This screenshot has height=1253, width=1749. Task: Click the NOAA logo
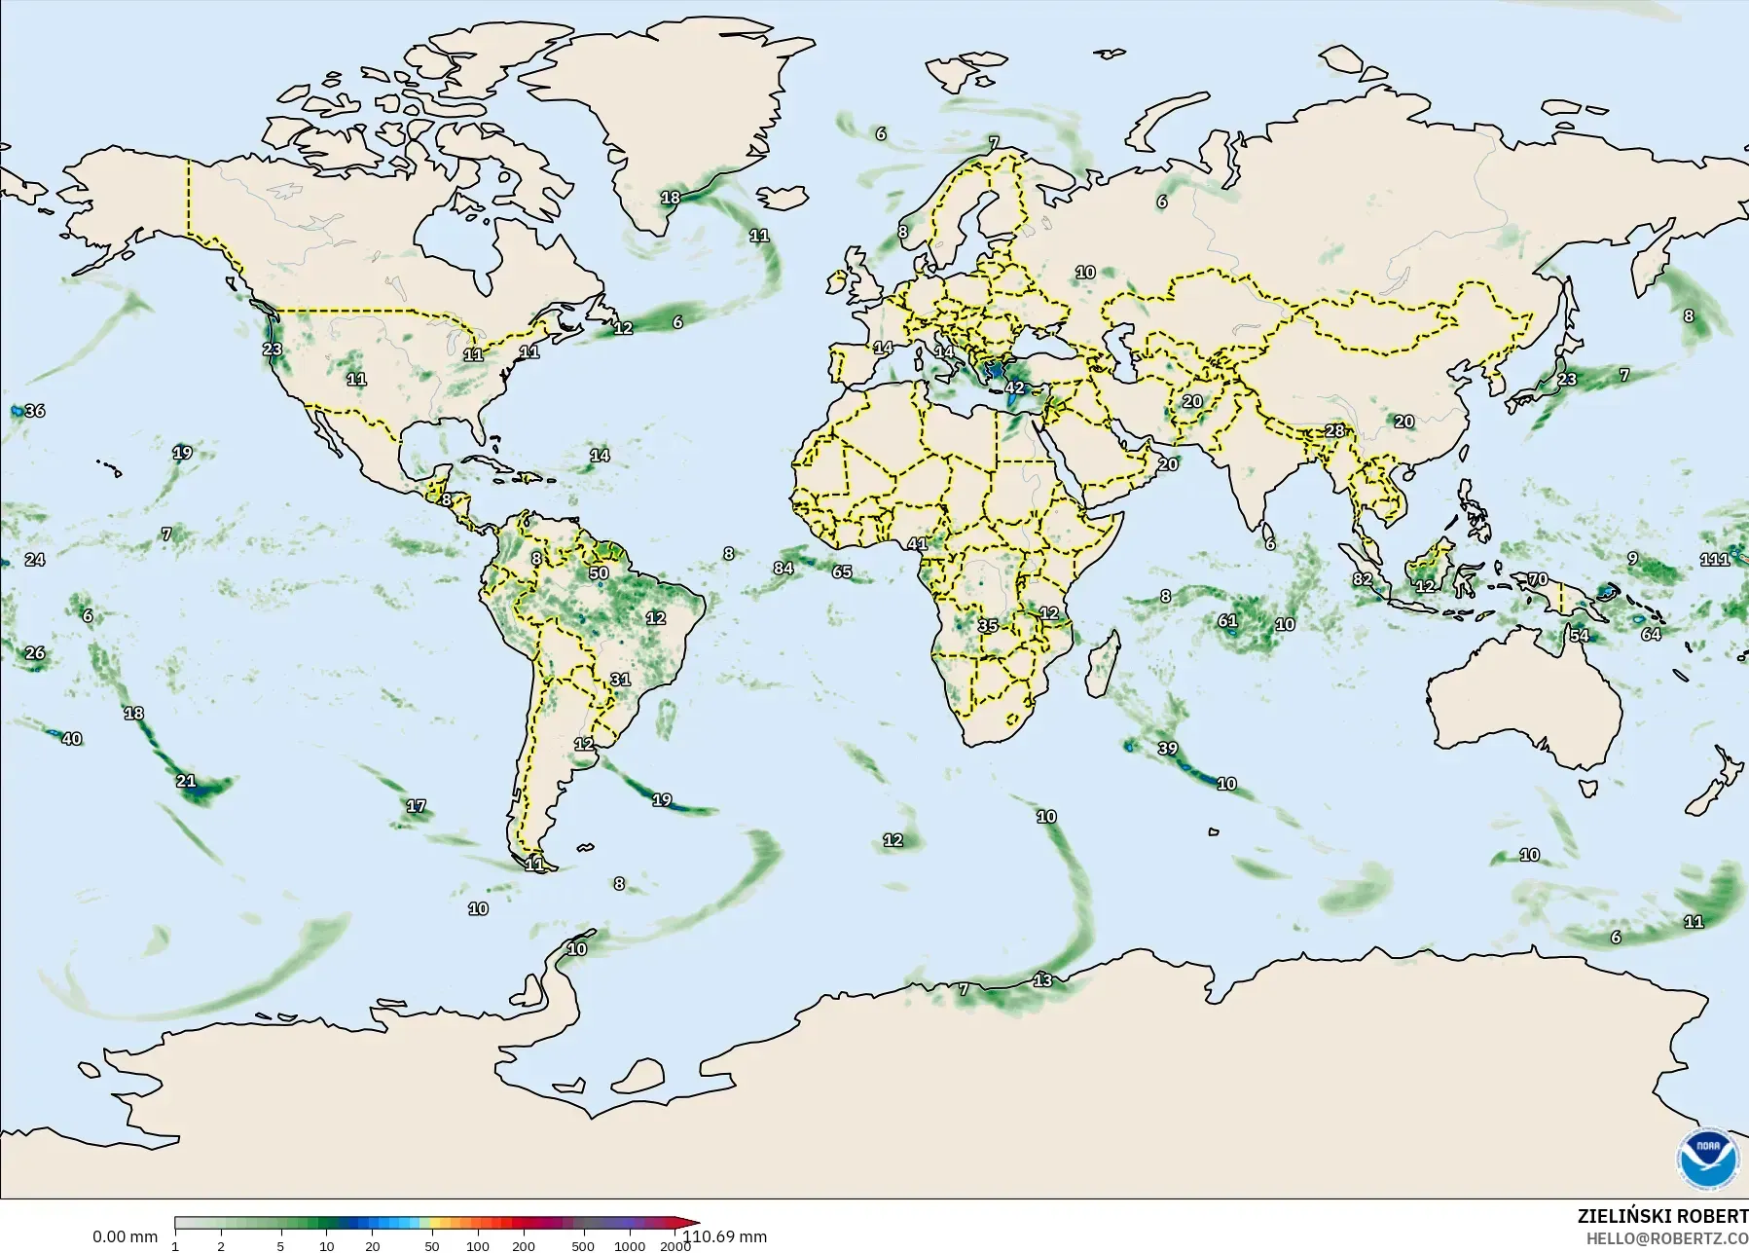pyautogui.click(x=1707, y=1158)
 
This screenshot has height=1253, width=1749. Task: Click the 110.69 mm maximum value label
pyautogui.click(x=724, y=1236)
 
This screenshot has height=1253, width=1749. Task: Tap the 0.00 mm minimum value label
pyautogui.click(x=125, y=1236)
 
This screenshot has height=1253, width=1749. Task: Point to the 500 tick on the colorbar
pyautogui.click(x=583, y=1246)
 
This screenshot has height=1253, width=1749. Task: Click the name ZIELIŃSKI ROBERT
pyautogui.click(x=1662, y=1217)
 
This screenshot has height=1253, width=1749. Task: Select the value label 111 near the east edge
pyautogui.click(x=1715, y=559)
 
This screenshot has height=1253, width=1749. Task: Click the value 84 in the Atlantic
pyautogui.click(x=783, y=568)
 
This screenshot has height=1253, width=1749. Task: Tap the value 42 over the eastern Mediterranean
pyautogui.click(x=1015, y=387)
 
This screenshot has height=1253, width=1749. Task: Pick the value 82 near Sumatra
pyautogui.click(x=1363, y=579)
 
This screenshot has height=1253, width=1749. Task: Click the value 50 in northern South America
pyautogui.click(x=599, y=572)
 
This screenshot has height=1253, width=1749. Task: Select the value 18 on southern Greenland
pyautogui.click(x=671, y=198)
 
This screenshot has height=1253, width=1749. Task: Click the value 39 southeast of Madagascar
pyautogui.click(x=1168, y=749)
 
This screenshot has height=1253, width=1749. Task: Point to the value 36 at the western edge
pyautogui.click(x=35, y=411)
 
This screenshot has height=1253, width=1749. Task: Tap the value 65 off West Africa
pyautogui.click(x=842, y=571)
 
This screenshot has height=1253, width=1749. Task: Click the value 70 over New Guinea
pyautogui.click(x=1538, y=579)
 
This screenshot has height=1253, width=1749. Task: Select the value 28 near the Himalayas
pyautogui.click(x=1334, y=430)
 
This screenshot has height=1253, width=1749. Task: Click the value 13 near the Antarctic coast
pyautogui.click(x=1042, y=979)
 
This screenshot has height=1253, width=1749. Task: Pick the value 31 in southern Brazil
pyautogui.click(x=620, y=680)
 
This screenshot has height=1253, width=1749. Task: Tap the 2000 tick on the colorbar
pyautogui.click(x=675, y=1246)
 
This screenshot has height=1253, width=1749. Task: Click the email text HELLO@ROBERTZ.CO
pyautogui.click(x=1667, y=1238)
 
